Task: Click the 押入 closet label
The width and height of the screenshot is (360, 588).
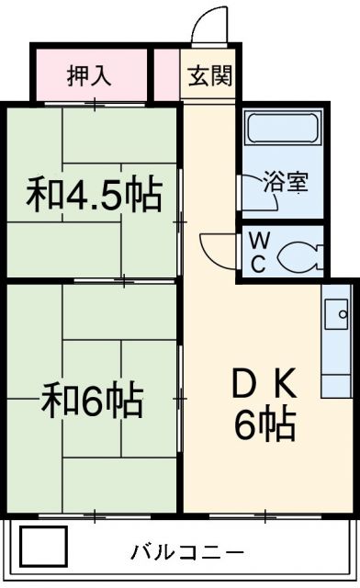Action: tap(89, 75)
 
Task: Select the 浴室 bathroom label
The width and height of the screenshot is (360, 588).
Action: tap(285, 181)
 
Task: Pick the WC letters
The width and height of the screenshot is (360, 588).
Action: tap(257, 253)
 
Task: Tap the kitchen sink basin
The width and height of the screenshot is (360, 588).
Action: tap(336, 312)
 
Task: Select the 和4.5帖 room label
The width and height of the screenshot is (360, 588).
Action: tap(94, 195)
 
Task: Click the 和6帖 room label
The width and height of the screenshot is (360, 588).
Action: tap(92, 400)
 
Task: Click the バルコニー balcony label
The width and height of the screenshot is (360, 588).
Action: tap(186, 552)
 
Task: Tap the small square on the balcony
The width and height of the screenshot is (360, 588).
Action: tap(44, 548)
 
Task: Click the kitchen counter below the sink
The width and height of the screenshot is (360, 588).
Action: tap(336, 367)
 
